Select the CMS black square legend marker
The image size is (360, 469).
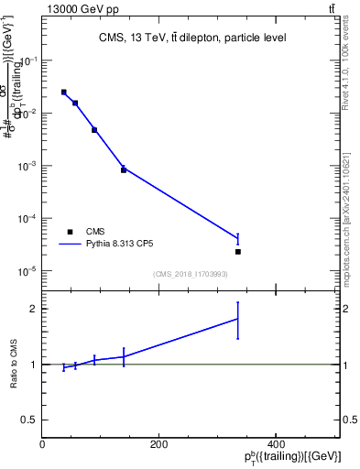pyautogui.click(x=70, y=232)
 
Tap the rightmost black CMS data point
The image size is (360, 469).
pyautogui.click(x=238, y=251)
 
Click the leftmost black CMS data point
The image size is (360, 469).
pyautogui.click(x=63, y=92)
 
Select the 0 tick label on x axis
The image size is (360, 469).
pyautogui.click(x=43, y=444)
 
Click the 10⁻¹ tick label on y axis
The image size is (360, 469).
pyautogui.click(x=30, y=60)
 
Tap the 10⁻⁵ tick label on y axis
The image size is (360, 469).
pyautogui.click(x=30, y=272)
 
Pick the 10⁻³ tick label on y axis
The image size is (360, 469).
pyautogui.click(x=30, y=167)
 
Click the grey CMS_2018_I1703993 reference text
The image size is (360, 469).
pyautogui.click(x=190, y=274)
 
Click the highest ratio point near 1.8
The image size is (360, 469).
pyautogui.click(x=238, y=319)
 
